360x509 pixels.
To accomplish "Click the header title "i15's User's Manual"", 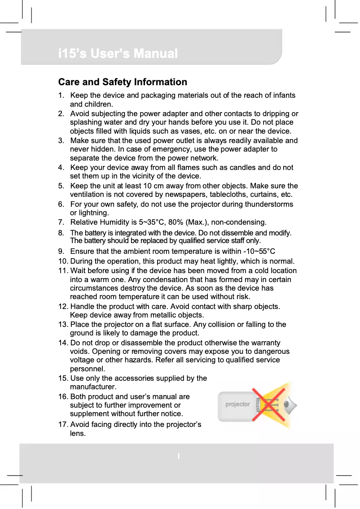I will tap(118, 54).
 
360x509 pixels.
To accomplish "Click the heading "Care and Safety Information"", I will tap(123, 82).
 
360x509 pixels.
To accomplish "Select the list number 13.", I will tap(63, 324).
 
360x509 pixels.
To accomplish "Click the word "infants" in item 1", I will tap(283, 96).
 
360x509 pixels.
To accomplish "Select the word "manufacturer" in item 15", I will tap(93, 387).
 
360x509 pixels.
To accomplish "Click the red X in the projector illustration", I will tap(269, 405).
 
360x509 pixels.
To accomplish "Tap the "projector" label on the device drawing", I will tap(237, 405).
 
